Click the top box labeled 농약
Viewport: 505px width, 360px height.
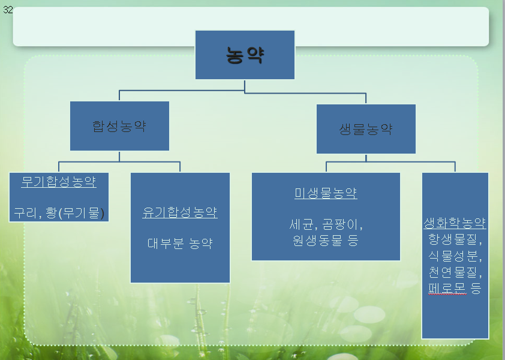(245, 55)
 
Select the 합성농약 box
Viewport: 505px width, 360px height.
(119, 126)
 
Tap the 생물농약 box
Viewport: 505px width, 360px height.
(366, 129)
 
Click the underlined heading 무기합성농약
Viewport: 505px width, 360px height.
(59, 182)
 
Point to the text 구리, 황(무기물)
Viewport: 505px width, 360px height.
(59, 212)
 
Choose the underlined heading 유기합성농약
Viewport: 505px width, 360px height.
(179, 212)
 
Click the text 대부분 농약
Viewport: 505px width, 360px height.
(179, 243)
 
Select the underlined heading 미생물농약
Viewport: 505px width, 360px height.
(326, 193)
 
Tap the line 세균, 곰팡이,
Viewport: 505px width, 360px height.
(326, 226)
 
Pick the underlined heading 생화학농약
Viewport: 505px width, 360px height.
(455, 223)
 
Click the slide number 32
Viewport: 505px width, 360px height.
(8, 10)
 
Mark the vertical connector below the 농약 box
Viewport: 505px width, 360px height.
(245, 86)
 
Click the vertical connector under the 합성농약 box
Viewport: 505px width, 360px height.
(119, 156)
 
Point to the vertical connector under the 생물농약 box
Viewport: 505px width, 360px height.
(366, 157)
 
